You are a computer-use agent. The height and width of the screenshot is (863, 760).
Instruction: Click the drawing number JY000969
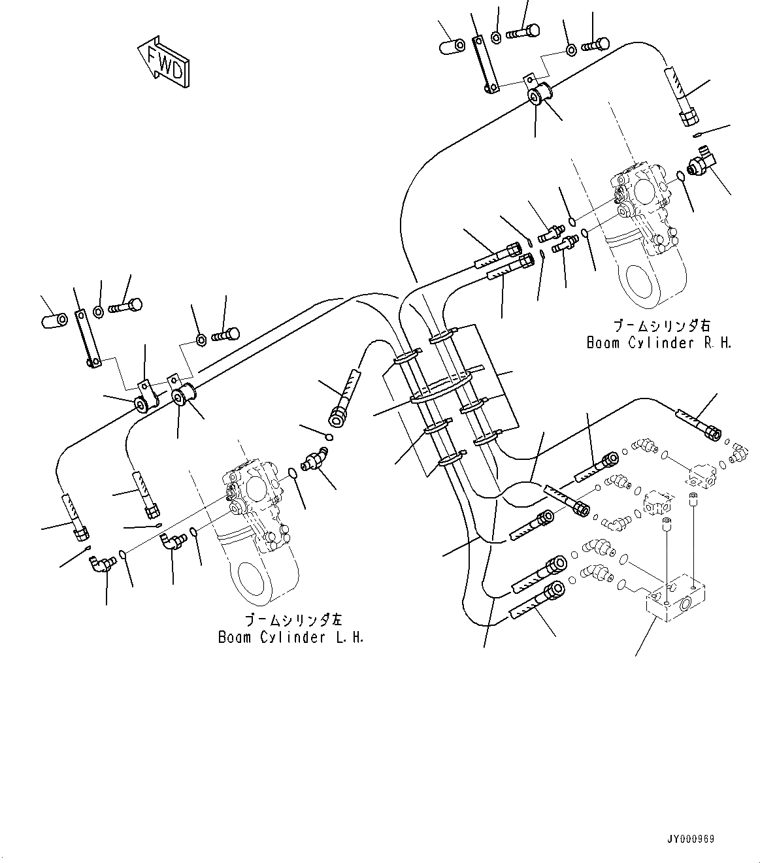click(x=701, y=839)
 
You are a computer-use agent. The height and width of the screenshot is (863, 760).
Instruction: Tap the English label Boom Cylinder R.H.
click(x=658, y=343)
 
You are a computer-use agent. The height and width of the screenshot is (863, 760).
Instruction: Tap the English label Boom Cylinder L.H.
click(x=291, y=637)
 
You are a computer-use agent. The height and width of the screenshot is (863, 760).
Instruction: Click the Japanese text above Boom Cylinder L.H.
click(x=294, y=619)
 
